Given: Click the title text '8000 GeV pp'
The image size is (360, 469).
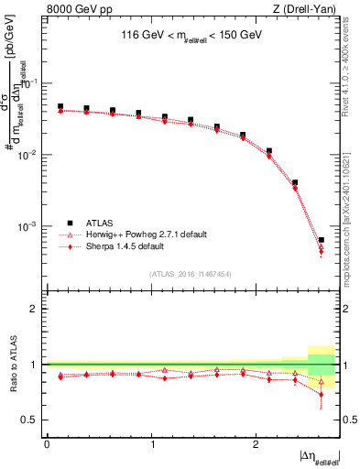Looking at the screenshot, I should click(74, 8).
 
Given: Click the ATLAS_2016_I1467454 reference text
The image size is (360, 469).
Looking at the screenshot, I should click(191, 273).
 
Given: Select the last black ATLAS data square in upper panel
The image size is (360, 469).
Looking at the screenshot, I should click(321, 240).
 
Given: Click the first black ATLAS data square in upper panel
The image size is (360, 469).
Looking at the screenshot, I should click(60, 106).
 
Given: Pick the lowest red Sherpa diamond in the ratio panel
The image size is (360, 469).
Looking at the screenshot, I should click(321, 394).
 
